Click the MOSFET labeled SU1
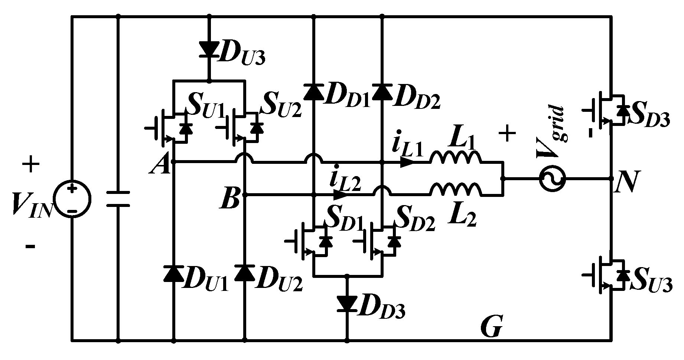click(171, 128)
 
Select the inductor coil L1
click(456, 158)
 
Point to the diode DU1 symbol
click(173, 273)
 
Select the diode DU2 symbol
click(244, 273)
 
